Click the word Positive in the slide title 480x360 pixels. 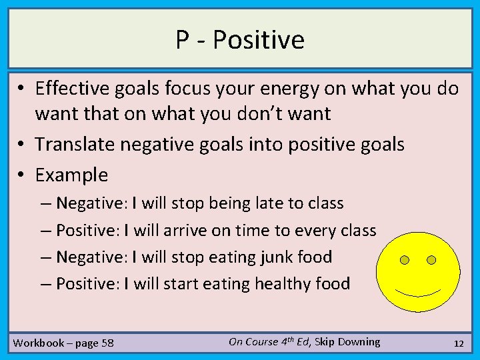tap(259, 40)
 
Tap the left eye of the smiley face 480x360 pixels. tap(404, 260)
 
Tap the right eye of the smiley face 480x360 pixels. tap(431, 259)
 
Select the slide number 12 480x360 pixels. tap(458, 343)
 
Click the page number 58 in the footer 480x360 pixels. tap(107, 343)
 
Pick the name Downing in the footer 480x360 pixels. tap(358, 341)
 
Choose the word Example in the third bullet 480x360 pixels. tap(71, 175)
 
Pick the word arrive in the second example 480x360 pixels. tap(186, 230)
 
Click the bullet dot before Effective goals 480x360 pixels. tap(22, 89)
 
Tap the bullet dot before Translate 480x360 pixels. tap(22, 144)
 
